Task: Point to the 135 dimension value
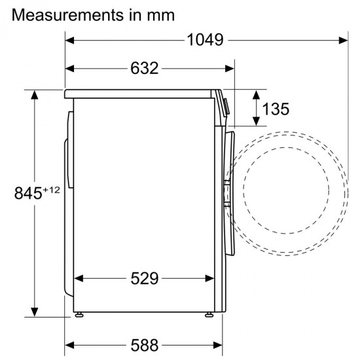click(276, 109)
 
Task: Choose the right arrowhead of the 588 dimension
click(219, 345)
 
